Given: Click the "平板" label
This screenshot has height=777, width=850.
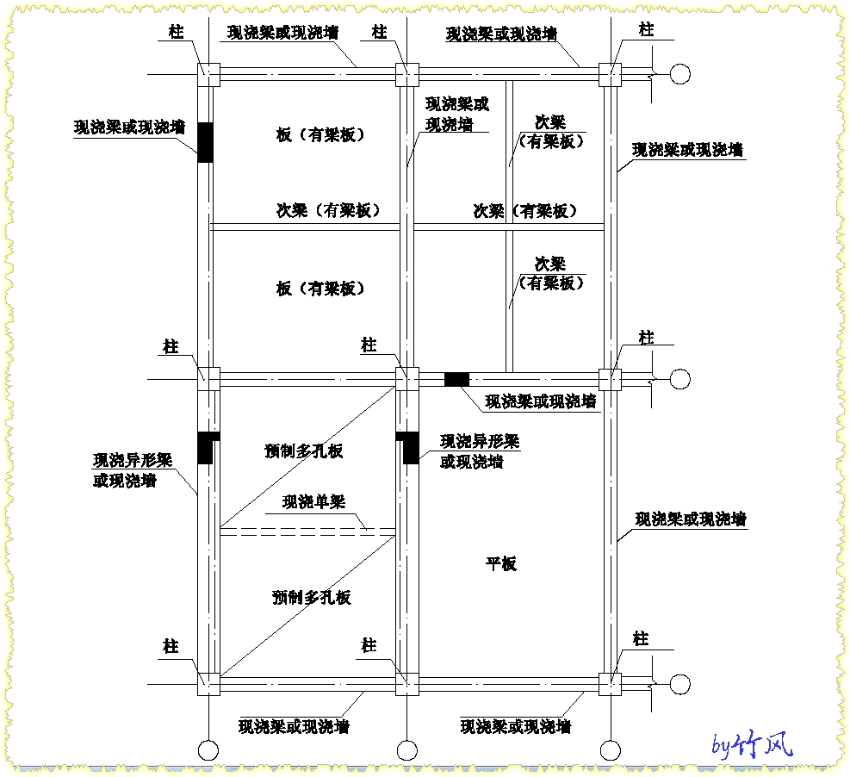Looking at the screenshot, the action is [x=501, y=564].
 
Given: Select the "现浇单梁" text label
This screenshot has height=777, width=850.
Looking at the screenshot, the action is [x=313, y=501].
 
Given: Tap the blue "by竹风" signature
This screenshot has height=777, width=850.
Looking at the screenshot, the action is [x=753, y=745].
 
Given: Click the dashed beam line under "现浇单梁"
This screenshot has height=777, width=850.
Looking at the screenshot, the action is [x=307, y=531].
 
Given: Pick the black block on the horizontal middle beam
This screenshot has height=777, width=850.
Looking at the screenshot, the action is [x=456, y=379].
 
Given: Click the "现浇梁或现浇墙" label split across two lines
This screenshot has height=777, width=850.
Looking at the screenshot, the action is [x=457, y=114].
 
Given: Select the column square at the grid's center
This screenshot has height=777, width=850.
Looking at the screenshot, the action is [x=407, y=379].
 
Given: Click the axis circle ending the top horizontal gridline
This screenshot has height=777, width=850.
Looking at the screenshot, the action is [x=680, y=74].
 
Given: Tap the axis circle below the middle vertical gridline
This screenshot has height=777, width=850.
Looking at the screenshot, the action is [x=407, y=750].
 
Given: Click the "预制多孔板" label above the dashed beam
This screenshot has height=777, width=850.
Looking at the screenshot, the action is [x=303, y=451].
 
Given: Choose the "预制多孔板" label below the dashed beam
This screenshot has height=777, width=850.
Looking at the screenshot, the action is [x=312, y=597].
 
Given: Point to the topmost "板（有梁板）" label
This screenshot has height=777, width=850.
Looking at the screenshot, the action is [x=320, y=134].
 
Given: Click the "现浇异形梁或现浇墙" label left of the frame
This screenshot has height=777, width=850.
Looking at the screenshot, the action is [x=133, y=470].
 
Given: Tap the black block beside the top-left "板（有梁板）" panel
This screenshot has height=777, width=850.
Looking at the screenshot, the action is [x=205, y=142].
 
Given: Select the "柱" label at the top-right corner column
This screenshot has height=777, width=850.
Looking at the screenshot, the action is [x=646, y=29].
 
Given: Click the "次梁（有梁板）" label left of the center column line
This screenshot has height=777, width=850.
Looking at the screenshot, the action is [x=328, y=210].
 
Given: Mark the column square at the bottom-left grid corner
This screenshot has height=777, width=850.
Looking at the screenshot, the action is [x=208, y=684].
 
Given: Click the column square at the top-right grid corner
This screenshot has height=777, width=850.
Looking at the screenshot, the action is [x=610, y=74].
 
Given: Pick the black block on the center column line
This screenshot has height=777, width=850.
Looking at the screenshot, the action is [x=407, y=448].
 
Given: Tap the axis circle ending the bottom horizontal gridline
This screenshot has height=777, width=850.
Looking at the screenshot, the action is [x=680, y=684].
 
